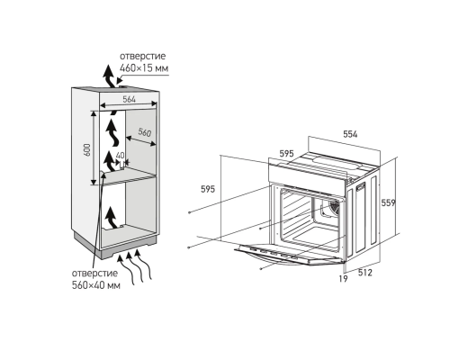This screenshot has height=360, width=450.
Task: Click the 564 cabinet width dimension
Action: (130, 100)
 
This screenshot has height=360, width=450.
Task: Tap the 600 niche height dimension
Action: (86, 149)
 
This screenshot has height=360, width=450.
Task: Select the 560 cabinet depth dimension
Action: (145, 132)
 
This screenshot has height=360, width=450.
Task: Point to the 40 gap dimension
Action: (120, 155)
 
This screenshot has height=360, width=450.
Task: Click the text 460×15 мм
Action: (144, 68)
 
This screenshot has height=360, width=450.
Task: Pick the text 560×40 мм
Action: (96, 285)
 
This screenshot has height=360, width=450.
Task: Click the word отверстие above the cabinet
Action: (142, 57)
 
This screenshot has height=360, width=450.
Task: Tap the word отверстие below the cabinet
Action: (94, 274)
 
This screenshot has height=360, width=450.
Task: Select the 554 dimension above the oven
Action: (350, 134)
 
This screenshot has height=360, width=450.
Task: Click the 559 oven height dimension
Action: (388, 203)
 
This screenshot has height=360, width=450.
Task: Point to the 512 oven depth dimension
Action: (365, 273)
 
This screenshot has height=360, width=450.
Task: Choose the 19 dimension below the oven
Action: (343, 279)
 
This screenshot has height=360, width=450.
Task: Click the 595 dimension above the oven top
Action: (286, 154)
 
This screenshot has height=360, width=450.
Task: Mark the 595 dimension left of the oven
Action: (208, 189)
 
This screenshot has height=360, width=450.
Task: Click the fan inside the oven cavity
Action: (333, 208)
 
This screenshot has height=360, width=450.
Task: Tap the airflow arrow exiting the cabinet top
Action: (109, 76)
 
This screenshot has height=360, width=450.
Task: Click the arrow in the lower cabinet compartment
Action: (112, 218)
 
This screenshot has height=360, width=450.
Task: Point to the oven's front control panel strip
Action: (308, 173)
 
